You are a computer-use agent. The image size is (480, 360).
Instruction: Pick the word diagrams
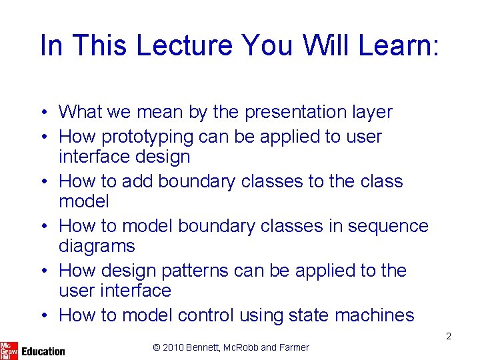tap(97, 246)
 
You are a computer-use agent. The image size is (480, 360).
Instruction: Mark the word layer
tap(371, 112)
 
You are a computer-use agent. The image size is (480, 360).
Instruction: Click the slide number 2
tap(449, 336)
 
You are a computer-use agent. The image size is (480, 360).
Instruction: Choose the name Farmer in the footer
tap(293, 347)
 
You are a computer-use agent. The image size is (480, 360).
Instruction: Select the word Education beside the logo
tap(43, 351)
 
